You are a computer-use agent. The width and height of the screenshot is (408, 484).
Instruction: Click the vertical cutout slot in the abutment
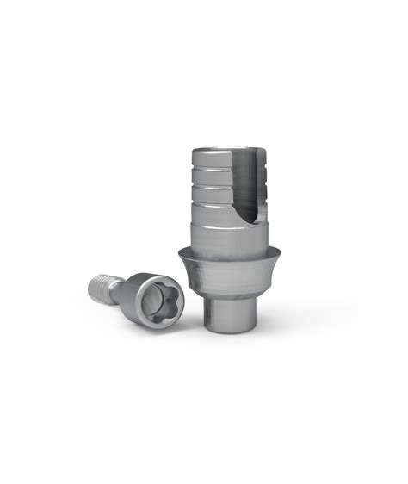245,185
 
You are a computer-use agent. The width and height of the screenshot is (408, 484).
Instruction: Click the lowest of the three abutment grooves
207,200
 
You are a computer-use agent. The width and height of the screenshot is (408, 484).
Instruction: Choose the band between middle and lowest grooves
207,192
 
